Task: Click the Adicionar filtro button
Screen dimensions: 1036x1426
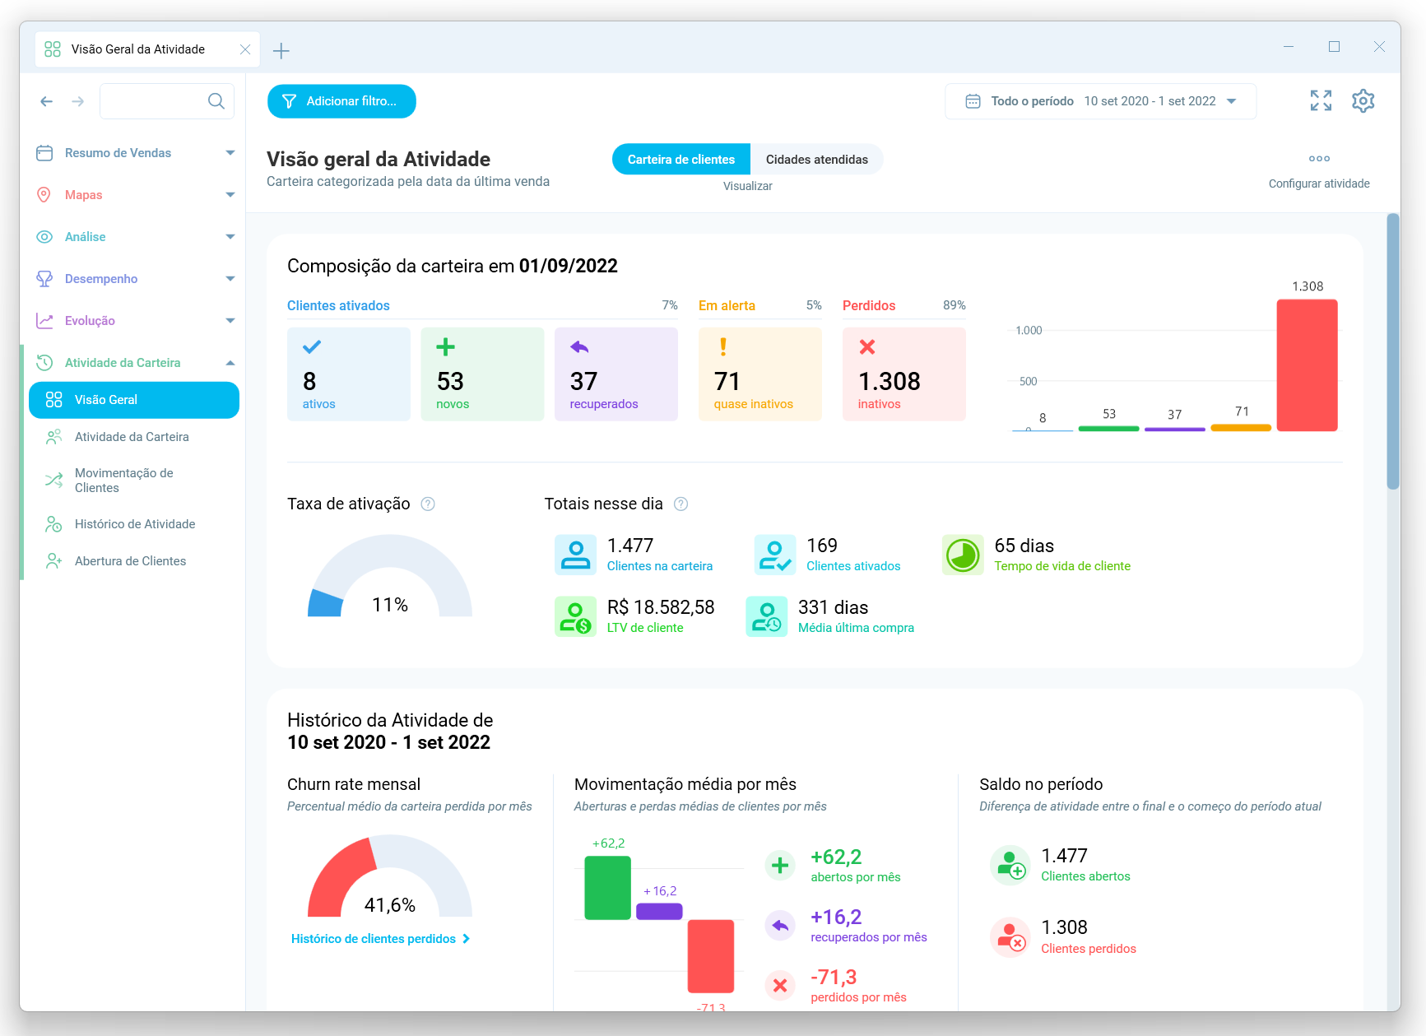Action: tap(341, 101)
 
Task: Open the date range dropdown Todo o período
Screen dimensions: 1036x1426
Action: tap(1100, 101)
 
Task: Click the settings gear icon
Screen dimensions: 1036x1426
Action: tap(1363, 101)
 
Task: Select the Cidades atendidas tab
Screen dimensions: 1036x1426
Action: tap(816, 160)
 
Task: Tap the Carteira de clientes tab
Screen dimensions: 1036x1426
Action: tap(680, 160)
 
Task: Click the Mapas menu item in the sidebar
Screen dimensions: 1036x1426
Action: tap(84, 195)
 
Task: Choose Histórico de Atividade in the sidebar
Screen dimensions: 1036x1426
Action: tap(135, 524)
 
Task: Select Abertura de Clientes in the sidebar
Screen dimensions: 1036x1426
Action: tap(130, 561)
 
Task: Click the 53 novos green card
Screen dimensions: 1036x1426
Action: tap(482, 374)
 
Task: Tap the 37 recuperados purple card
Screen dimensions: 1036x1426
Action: tap(615, 374)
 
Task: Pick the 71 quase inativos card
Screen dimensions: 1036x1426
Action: tap(759, 374)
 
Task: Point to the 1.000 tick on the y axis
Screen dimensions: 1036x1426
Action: tap(1029, 331)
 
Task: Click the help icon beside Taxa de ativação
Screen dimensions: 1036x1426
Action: tap(428, 504)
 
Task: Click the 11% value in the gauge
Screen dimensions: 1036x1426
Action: tap(390, 605)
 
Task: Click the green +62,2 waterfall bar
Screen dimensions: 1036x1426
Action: tap(607, 888)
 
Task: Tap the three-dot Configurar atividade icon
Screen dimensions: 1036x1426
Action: tap(1319, 159)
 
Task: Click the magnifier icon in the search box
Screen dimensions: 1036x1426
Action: tap(216, 101)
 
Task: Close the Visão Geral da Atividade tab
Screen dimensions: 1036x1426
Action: tap(245, 49)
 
